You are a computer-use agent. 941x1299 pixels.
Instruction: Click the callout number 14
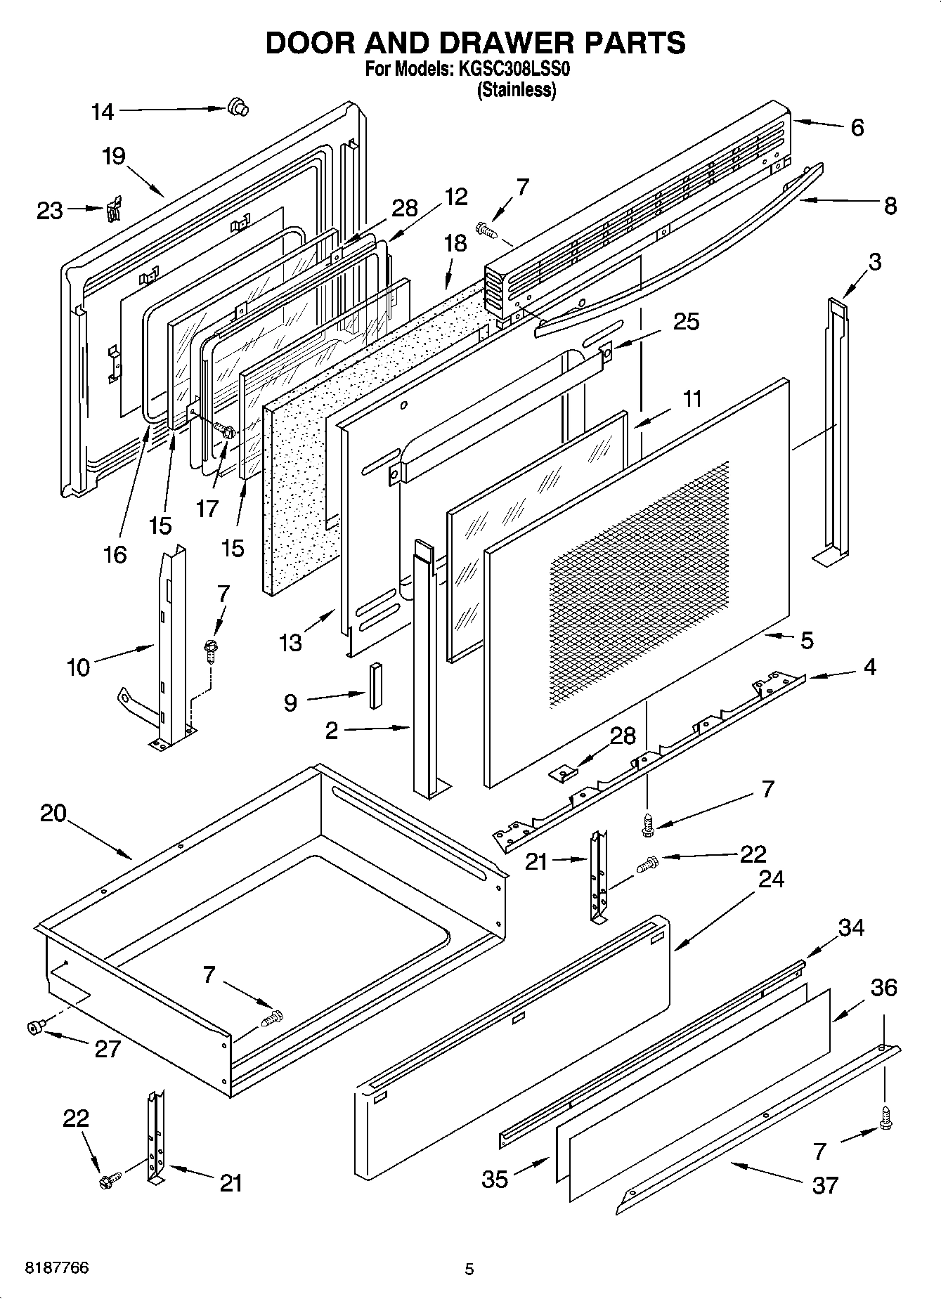103,112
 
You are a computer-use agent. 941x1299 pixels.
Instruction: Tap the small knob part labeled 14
238,107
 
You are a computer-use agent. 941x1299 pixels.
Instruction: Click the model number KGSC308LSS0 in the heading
514,70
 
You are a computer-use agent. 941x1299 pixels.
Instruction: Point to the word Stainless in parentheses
517,90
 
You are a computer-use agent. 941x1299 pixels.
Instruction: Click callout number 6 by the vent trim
857,128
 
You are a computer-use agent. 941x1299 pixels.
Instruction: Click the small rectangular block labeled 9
375,686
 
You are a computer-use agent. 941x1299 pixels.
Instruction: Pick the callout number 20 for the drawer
53,814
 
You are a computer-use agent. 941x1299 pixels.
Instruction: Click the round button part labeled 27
32,1028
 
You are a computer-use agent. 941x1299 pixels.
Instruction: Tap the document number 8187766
57,1268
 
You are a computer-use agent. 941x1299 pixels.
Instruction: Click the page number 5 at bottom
469,1269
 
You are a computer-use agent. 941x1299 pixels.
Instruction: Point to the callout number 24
771,879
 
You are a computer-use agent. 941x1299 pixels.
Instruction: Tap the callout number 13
290,642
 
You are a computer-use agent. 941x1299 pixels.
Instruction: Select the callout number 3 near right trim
874,262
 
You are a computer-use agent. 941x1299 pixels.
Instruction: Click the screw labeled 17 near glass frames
223,429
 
